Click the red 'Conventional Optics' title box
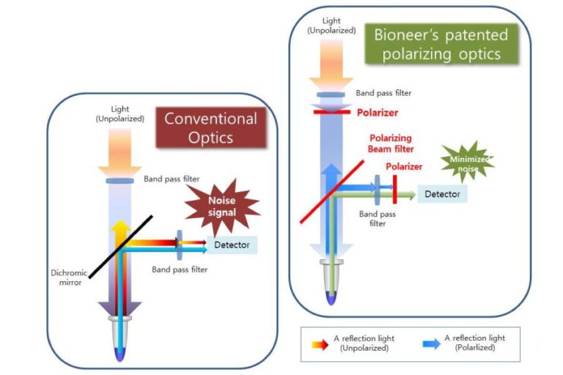pyautogui.click(x=210, y=129)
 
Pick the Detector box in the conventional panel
pyautogui.click(x=232, y=245)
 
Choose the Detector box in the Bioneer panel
pyautogui.click(x=443, y=194)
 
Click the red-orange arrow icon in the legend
pyautogui.click(x=317, y=343)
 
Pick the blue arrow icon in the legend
pyautogui.click(x=430, y=343)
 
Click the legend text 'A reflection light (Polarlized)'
pyautogui.click(x=474, y=343)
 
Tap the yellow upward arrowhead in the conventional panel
pyautogui.click(x=118, y=226)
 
